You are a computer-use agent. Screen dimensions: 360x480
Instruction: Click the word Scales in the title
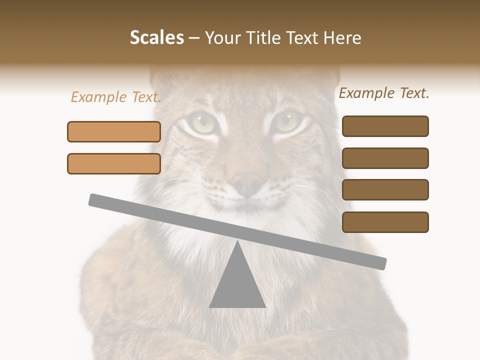pyautogui.click(x=156, y=38)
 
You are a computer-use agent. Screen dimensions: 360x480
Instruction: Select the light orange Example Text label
pyautogui.click(x=116, y=97)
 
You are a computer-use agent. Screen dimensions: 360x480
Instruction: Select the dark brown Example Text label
pyautogui.click(x=384, y=93)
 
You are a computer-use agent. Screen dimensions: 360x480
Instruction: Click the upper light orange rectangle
pyautogui.click(x=114, y=131)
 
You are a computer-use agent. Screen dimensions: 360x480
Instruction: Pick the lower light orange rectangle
pyautogui.click(x=114, y=163)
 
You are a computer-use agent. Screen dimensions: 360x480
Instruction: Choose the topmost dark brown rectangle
pyautogui.click(x=385, y=126)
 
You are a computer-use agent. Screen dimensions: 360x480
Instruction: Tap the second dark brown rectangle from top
pyautogui.click(x=385, y=158)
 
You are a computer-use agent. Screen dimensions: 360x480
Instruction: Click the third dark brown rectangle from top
pyautogui.click(x=385, y=189)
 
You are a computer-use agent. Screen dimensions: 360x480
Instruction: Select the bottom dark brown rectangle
pyautogui.click(x=385, y=222)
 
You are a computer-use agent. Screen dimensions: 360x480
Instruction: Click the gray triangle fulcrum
pyautogui.click(x=237, y=282)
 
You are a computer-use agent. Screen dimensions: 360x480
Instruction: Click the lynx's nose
pyautogui.click(x=247, y=183)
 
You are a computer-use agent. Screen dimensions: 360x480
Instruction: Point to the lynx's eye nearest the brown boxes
pyautogui.click(x=287, y=121)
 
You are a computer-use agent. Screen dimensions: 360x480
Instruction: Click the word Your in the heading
pyautogui.click(x=222, y=38)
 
